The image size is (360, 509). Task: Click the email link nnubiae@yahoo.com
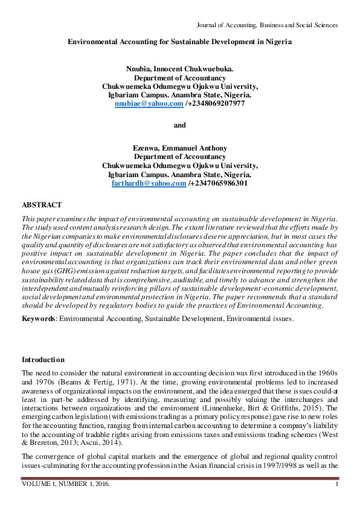(x=149, y=103)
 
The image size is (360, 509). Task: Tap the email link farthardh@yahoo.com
(x=149, y=183)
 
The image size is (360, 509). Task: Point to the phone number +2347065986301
(x=218, y=183)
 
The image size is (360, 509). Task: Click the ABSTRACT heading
(x=42, y=206)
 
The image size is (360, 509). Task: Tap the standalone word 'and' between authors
(x=180, y=125)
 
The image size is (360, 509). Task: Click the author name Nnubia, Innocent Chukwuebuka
(x=180, y=70)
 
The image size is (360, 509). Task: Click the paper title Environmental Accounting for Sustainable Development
(x=180, y=42)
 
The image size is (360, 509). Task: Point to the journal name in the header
(x=267, y=25)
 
